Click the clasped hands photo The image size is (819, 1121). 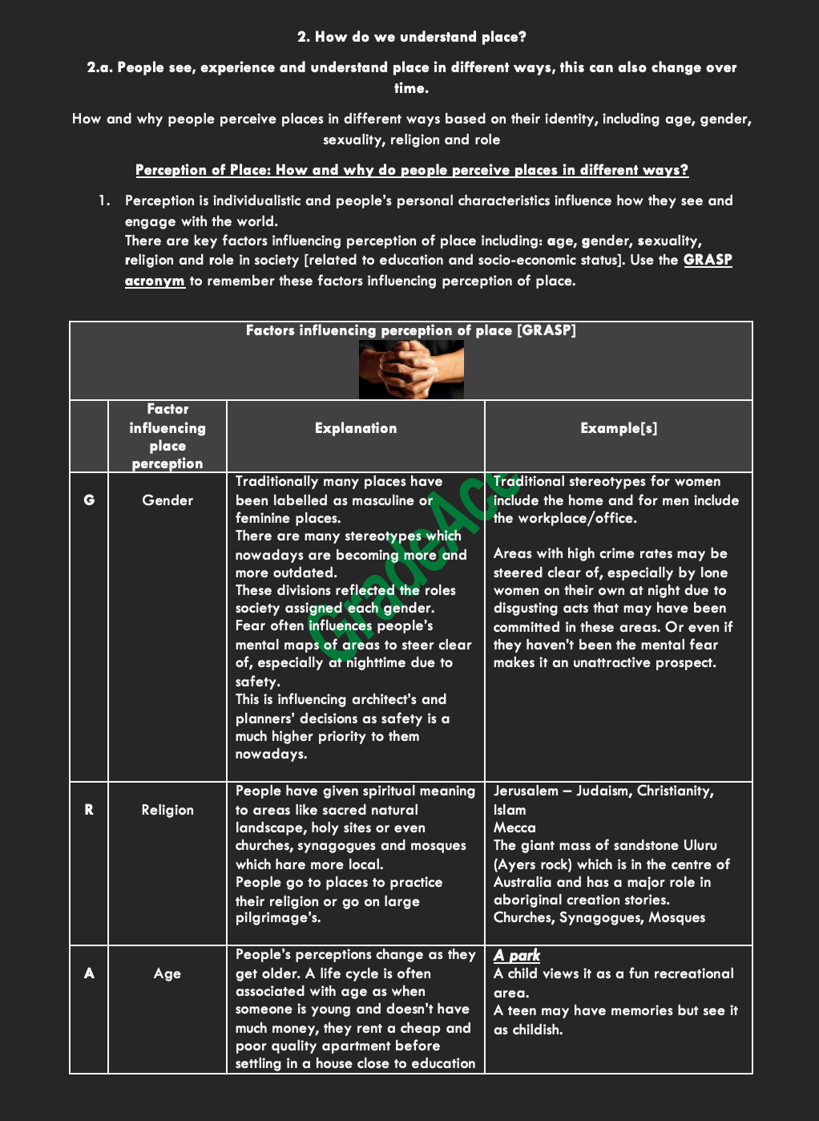tap(411, 370)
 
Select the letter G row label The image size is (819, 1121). tap(89, 500)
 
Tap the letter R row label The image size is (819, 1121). tap(89, 810)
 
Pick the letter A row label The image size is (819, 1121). tap(89, 973)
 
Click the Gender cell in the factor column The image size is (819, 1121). tap(167, 500)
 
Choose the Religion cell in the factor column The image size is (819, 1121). tap(167, 810)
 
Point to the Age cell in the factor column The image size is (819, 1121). tap(167, 973)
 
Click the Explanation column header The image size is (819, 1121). tap(356, 428)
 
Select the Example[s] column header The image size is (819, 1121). tap(619, 428)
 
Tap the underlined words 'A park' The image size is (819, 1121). tap(517, 955)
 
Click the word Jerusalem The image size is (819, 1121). tap(526, 791)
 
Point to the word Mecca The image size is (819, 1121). tap(514, 828)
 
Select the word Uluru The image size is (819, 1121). tap(700, 846)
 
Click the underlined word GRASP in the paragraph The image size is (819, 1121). tap(708, 260)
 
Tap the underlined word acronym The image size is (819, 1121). tap(155, 281)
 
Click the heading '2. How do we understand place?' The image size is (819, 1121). tap(411, 37)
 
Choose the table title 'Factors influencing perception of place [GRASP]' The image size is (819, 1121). tap(410, 330)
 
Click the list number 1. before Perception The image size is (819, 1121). tap(104, 200)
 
